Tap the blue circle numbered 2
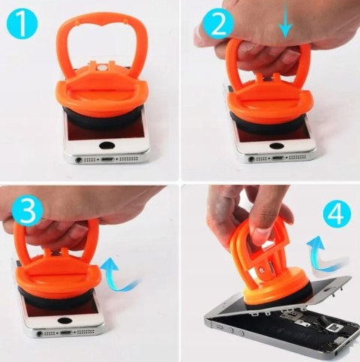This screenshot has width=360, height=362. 218,25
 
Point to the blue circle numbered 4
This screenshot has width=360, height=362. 337,213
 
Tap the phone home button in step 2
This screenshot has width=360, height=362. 276,146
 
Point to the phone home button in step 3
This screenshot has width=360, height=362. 64,321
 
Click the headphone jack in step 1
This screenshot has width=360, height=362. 79,159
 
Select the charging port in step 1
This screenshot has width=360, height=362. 107,159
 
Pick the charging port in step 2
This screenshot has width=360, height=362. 279,158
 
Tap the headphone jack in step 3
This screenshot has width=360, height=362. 40,333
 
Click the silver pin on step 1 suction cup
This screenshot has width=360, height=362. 102,67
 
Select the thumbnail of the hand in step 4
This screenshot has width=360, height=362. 257,234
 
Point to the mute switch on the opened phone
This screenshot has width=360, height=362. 220,327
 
